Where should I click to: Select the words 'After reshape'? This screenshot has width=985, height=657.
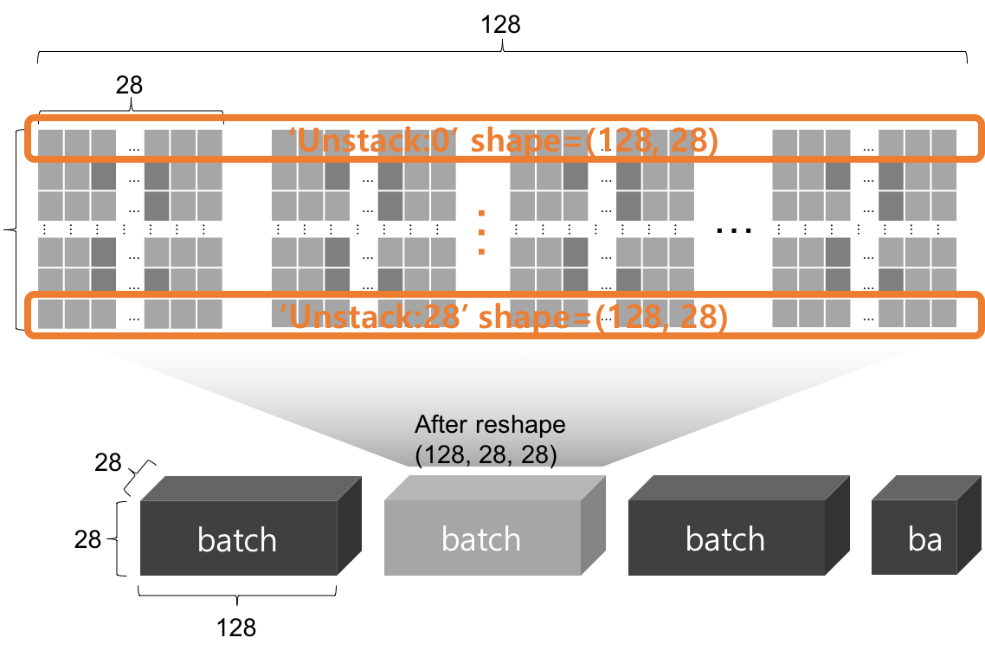click(490, 425)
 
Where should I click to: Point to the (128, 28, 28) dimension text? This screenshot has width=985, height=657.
click(486, 454)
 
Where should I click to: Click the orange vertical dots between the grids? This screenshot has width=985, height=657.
click(481, 231)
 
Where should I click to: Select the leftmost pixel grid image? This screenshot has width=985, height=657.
click(130, 229)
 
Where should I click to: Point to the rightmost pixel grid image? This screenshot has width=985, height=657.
click(864, 229)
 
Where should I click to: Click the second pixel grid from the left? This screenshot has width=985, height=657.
click(364, 229)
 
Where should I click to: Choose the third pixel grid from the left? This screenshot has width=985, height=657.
click(601, 229)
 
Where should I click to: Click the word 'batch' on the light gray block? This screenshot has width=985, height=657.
click(481, 539)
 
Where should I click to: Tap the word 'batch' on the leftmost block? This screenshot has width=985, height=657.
click(237, 540)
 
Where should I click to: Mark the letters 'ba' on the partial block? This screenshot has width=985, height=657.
click(924, 540)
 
